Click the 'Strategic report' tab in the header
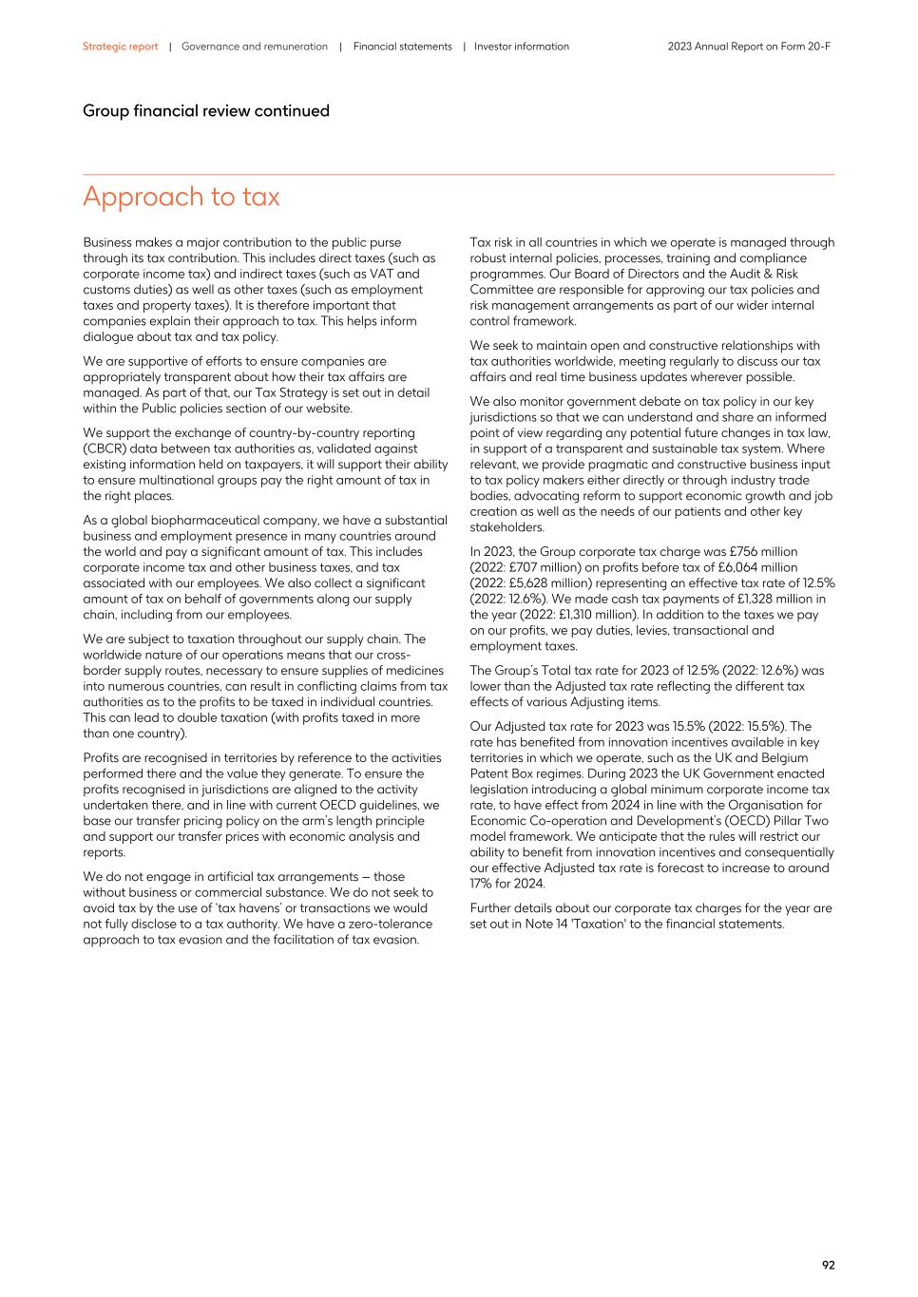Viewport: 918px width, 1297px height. tap(120, 47)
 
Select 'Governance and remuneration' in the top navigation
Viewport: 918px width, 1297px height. tap(254, 47)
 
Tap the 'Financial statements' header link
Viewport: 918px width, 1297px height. tap(402, 47)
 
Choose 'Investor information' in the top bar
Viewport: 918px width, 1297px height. tap(521, 47)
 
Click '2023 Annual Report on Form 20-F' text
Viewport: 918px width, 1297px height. tap(749, 47)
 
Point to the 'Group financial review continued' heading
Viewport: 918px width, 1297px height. tap(205, 111)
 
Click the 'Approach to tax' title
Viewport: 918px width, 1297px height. tap(181, 197)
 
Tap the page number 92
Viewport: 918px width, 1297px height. tap(828, 1265)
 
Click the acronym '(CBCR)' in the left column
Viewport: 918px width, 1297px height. tap(106, 448)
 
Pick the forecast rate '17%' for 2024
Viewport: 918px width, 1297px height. tap(482, 884)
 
